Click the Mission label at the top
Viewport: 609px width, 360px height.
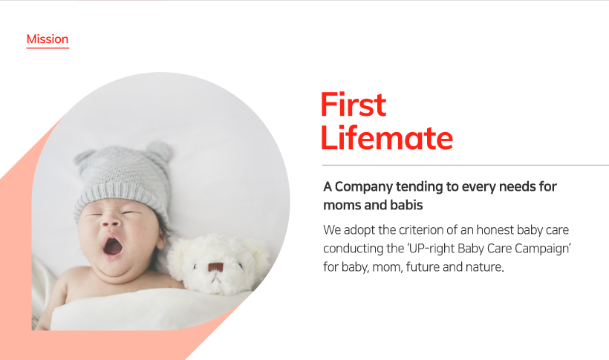(x=48, y=39)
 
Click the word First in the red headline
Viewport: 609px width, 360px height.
(x=354, y=105)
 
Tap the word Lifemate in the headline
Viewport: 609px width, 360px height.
(x=387, y=138)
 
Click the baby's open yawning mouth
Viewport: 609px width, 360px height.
(x=113, y=246)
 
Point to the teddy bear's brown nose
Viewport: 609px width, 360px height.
(x=215, y=267)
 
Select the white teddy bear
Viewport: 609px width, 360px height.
(x=218, y=264)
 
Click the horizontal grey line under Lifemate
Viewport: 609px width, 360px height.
(x=466, y=165)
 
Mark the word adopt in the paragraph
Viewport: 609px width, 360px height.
(x=359, y=230)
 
